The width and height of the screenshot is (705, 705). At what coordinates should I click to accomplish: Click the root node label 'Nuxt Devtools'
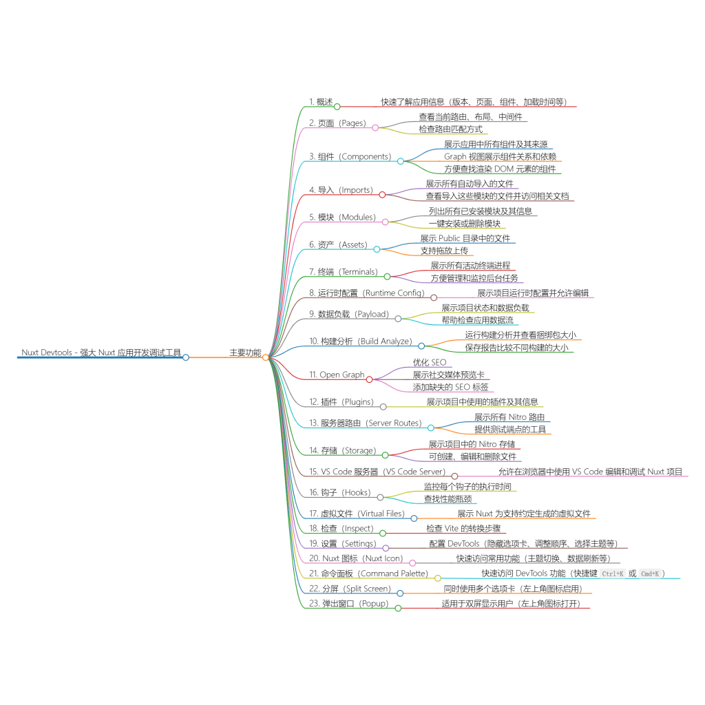pos(47,352)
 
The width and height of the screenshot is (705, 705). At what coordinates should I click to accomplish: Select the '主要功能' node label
pos(245,352)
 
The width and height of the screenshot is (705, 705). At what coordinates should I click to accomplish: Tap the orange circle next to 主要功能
pos(266,357)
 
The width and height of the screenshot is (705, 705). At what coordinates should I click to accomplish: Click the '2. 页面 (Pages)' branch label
pos(337,123)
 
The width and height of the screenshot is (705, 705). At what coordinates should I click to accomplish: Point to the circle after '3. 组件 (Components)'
pos(400,161)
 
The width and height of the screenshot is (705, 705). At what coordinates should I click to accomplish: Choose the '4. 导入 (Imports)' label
pos(341,190)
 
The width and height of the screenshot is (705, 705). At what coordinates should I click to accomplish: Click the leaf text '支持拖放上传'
pos(444,251)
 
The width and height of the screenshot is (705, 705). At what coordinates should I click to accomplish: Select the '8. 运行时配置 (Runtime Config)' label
pos(366,293)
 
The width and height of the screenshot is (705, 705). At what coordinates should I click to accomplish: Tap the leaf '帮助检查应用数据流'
pos(478,319)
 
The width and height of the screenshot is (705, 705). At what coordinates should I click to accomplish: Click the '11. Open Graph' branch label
pos(337,375)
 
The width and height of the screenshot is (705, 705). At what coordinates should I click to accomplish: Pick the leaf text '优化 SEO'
pos(430,362)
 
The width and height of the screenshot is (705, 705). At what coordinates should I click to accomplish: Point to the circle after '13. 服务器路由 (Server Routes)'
pos(431,428)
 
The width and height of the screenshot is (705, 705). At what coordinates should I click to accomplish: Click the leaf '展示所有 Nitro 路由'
pos(509,417)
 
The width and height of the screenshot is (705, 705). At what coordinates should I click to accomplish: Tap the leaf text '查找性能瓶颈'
pos(448,498)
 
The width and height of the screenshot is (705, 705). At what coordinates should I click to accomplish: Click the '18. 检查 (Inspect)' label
pos(341,528)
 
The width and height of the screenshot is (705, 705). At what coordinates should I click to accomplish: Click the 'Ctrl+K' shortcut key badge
pos(612,574)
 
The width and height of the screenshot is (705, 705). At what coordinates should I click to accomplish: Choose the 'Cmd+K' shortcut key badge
pos(650,574)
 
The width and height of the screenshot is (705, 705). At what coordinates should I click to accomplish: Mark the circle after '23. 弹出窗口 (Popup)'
pos(398,609)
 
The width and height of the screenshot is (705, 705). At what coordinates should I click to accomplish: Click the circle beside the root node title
pos(186,357)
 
